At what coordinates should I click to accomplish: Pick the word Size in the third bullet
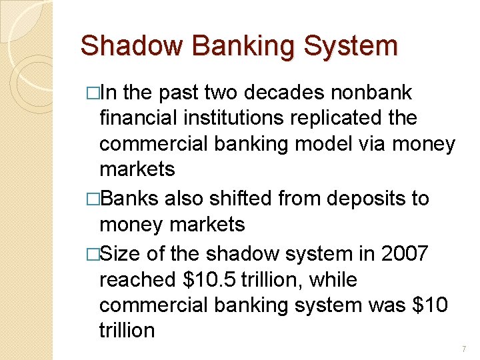tap(121, 254)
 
